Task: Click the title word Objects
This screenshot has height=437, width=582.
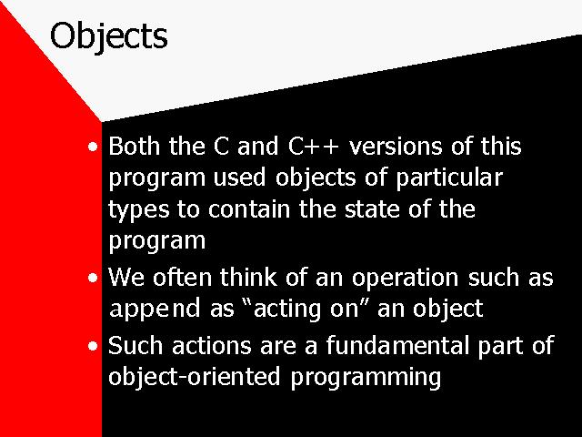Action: click(x=109, y=36)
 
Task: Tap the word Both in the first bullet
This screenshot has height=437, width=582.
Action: click(x=134, y=146)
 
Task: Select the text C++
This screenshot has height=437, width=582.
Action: click(x=314, y=146)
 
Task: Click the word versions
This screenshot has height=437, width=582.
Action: click(x=396, y=146)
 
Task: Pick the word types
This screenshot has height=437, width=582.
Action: click(x=139, y=210)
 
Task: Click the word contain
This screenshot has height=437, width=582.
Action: click(x=249, y=208)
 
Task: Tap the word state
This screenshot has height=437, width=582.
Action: click(x=372, y=208)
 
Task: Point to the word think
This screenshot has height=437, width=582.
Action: click(x=248, y=277)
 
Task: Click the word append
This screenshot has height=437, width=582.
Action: click(x=155, y=310)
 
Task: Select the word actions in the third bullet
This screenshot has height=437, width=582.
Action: click(x=212, y=345)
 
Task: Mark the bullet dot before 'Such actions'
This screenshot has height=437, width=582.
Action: click(x=93, y=346)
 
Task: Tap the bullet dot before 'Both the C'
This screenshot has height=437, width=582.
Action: click(x=93, y=147)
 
